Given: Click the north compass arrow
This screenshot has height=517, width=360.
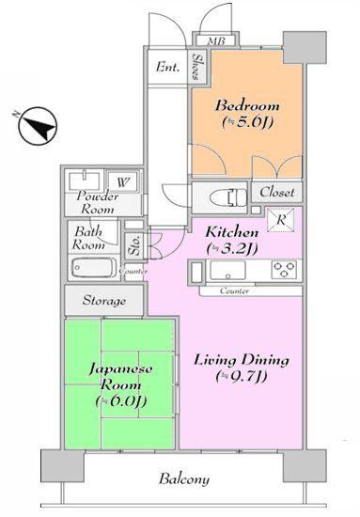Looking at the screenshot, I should coord(36,124).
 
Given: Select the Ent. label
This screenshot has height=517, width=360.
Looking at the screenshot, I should coord(169,66).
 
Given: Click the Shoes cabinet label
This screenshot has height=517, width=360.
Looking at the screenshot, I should coord(196,67).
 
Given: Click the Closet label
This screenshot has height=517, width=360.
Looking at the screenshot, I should coord(278,192).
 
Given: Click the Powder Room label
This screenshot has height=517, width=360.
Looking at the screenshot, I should coord(98,203).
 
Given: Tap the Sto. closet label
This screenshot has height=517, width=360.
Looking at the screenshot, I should coord(135,246).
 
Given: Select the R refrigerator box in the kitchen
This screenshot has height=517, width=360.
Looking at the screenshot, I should coord(282,222).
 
